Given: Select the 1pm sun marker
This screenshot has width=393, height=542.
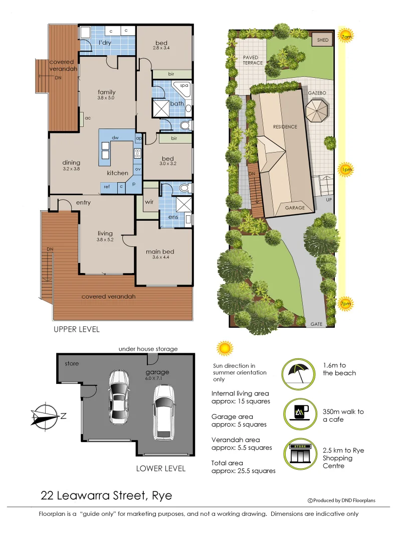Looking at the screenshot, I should coord(346,170).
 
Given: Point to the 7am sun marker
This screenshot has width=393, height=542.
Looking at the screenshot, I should coord(345,37).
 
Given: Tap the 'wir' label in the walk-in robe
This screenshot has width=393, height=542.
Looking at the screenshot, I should coord(149,202).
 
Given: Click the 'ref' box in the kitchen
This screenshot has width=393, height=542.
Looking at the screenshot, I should coord(107,187).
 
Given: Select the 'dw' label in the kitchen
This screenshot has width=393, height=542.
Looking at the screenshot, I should coord(115,137).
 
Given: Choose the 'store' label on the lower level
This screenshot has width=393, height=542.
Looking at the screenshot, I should coord(72,363).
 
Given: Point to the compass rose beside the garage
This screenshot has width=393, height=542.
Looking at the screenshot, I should coord(47,416).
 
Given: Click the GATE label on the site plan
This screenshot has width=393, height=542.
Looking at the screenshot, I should coord(316,324).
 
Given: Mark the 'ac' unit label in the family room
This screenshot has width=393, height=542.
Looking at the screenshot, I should coord(87,118).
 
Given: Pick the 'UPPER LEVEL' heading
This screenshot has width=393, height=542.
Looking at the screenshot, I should coord(77,330).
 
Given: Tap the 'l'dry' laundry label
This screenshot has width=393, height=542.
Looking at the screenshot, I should coord(105,43).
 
